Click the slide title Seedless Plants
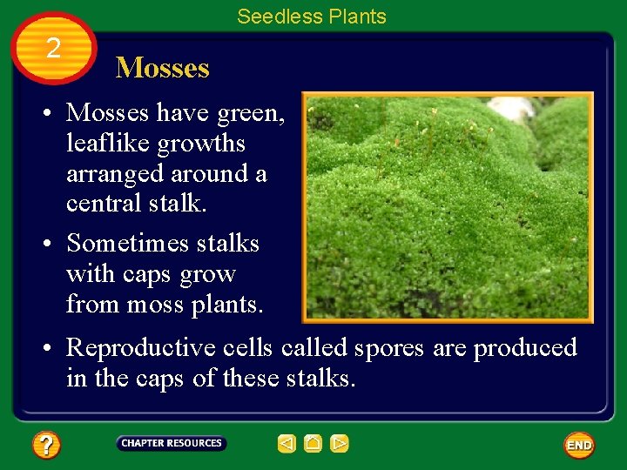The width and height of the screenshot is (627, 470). click(x=312, y=17)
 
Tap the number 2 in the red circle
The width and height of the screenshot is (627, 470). click(x=54, y=49)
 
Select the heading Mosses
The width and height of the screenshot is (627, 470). click(x=163, y=68)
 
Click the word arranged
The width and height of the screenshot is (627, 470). click(x=114, y=174)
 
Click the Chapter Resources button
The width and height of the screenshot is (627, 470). click(x=172, y=443)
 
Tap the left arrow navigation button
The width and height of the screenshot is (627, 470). click(x=287, y=444)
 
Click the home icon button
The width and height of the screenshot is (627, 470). click(x=313, y=444)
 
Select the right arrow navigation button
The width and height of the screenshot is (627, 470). click(x=340, y=444)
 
